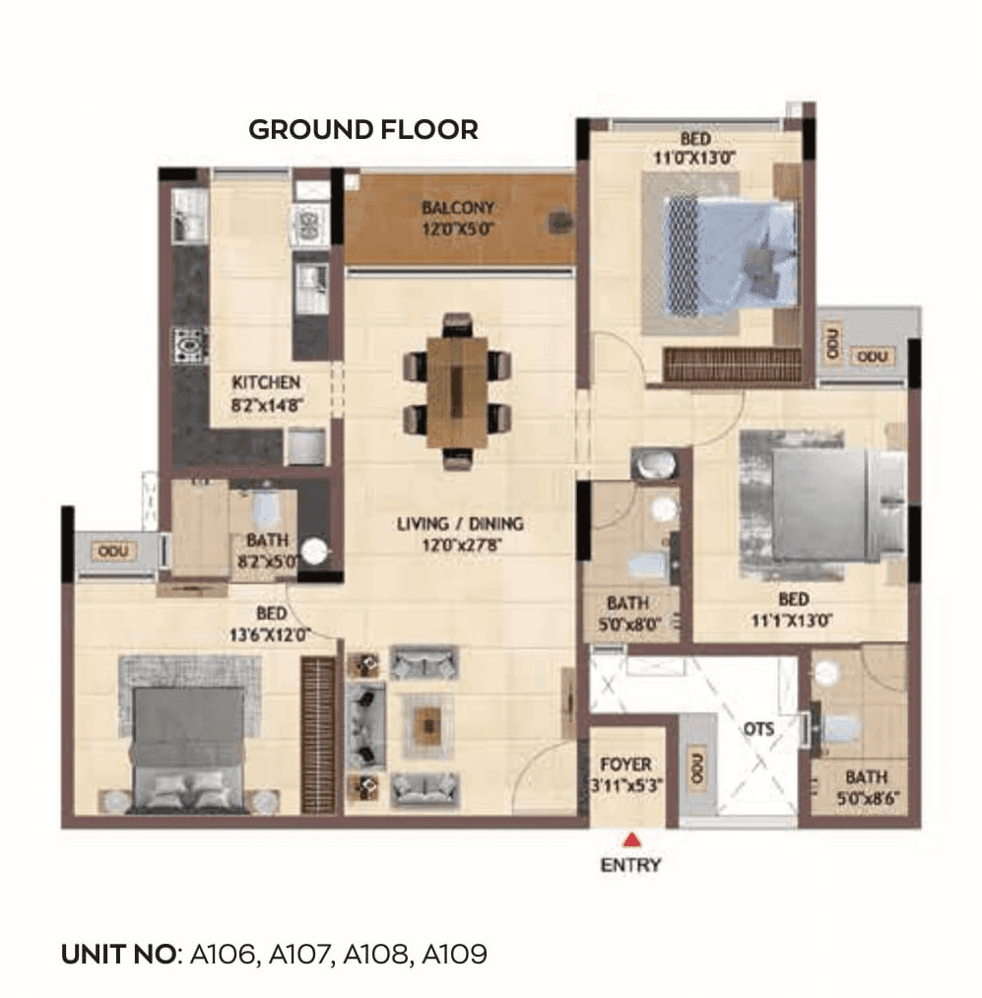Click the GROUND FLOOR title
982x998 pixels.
tap(362, 130)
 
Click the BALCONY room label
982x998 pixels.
tap(457, 209)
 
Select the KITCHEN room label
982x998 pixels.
tap(266, 382)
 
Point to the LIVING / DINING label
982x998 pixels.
tap(460, 523)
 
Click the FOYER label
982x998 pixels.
tap(625, 765)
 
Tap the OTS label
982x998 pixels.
tap(758, 730)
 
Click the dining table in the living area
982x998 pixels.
tap(457, 390)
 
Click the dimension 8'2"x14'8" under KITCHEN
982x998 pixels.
tap(266, 402)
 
